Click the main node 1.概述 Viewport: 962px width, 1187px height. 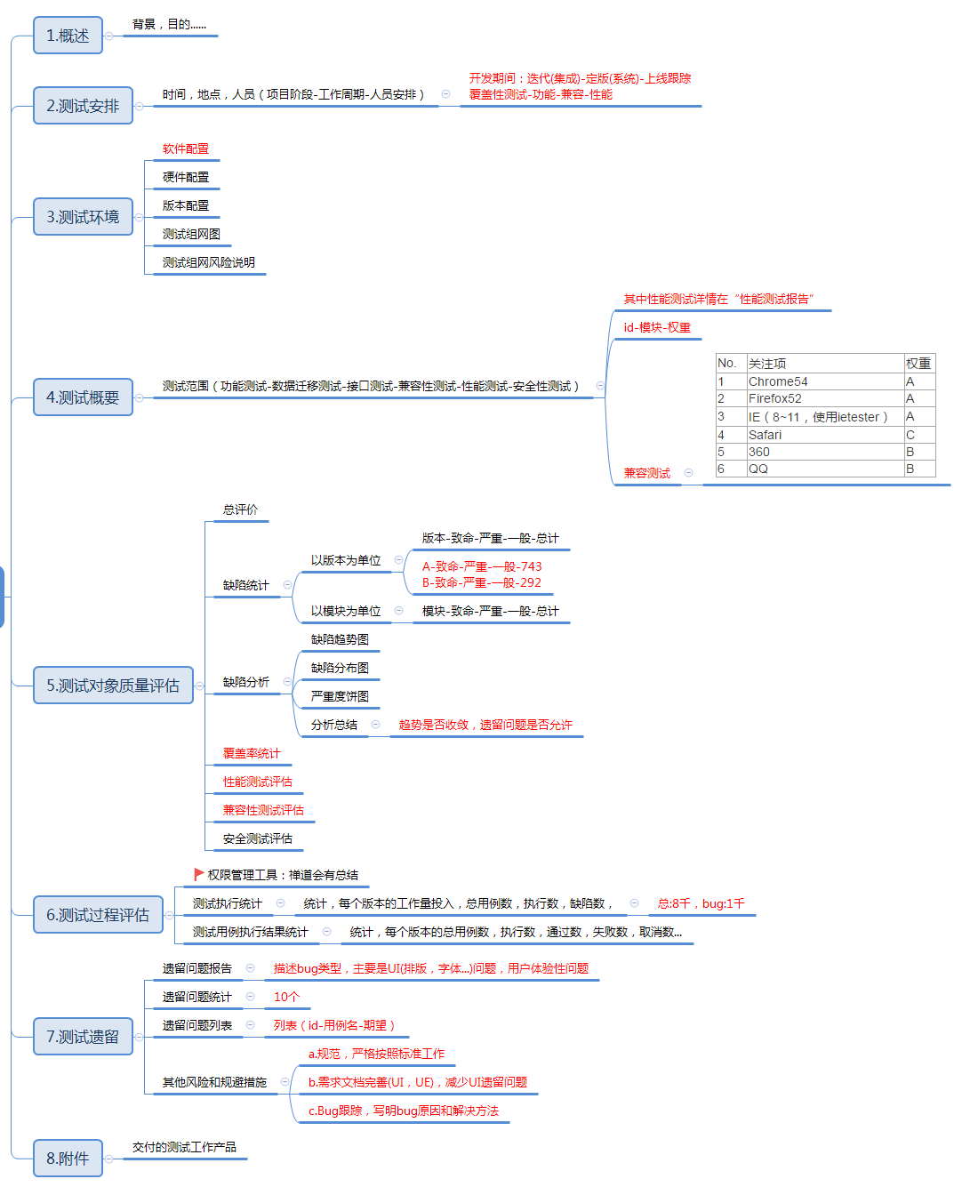pyautogui.click(x=68, y=36)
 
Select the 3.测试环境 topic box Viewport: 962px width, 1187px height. pyautogui.click(x=83, y=217)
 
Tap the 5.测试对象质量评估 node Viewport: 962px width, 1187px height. pyautogui.click(x=113, y=686)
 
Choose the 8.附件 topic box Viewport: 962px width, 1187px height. pyautogui.click(x=68, y=1159)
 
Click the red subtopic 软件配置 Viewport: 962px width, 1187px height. pyautogui.click(x=186, y=149)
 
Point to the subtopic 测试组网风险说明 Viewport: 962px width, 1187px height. pyautogui.click(x=209, y=263)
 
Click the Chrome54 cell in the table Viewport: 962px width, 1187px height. pyautogui.click(x=778, y=381)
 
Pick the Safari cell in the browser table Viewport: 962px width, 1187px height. pyautogui.click(x=765, y=435)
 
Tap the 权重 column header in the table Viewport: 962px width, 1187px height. pyautogui.click(x=918, y=364)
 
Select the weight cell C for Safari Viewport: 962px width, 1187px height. pyautogui.click(x=910, y=435)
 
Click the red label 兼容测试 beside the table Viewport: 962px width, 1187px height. pyautogui.click(x=647, y=473)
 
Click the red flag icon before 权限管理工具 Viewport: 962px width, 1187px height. pyautogui.click(x=199, y=875)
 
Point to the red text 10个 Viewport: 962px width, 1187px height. pyautogui.click(x=286, y=998)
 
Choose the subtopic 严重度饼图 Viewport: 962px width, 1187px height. pyautogui.click(x=340, y=697)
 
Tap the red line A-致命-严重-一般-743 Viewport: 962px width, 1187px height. pyautogui.click(x=482, y=566)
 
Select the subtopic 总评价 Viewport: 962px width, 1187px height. pyautogui.click(x=240, y=510)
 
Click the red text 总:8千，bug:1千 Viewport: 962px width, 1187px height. pyautogui.click(x=701, y=903)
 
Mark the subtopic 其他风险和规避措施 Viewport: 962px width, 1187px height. pyautogui.click(x=214, y=1083)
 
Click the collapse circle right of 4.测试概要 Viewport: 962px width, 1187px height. pyautogui.click(x=139, y=397)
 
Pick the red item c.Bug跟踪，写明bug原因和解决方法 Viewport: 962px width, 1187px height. pyautogui.click(x=404, y=1111)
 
